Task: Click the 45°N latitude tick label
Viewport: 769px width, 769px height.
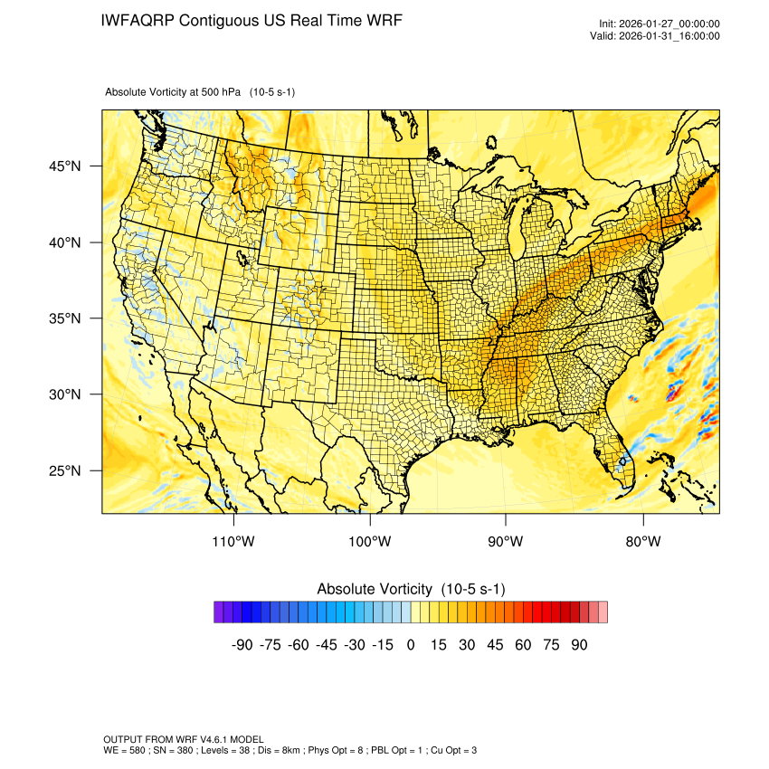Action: [x=65, y=166]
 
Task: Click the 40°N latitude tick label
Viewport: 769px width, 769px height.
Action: [x=65, y=242]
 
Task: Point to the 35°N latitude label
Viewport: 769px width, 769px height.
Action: [x=65, y=318]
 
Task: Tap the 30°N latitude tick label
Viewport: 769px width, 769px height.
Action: [x=65, y=394]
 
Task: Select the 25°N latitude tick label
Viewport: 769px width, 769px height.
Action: [x=65, y=470]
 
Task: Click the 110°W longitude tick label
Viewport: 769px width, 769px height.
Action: [x=234, y=541]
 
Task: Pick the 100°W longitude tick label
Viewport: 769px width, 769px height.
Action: [x=370, y=541]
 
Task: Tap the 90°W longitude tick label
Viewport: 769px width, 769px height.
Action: [x=506, y=541]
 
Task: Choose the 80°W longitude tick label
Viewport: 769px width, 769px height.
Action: [x=642, y=541]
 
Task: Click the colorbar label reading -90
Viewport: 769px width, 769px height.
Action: [x=242, y=645]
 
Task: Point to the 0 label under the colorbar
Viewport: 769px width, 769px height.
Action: [x=411, y=645]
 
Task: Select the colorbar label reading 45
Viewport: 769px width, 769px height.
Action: [x=495, y=645]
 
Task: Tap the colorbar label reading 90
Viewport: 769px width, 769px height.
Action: [x=579, y=645]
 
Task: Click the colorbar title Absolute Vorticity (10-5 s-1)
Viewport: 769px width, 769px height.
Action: [x=411, y=589]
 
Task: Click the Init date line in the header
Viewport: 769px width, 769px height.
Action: [x=659, y=24]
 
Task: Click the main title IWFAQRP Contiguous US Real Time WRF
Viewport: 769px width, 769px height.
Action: [x=252, y=21]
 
